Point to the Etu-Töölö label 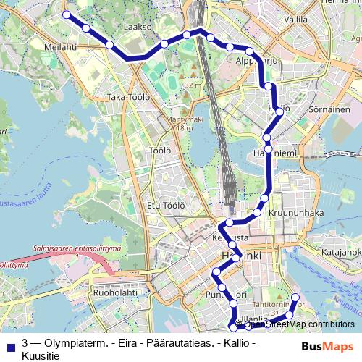pyautogui.click(x=163, y=205)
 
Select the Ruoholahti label pyautogui.click(x=110, y=293)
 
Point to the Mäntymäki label pyautogui.click(x=182, y=119)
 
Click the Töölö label pyautogui.click(x=159, y=151)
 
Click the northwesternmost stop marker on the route pyautogui.click(x=67, y=14)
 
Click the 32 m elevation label pyautogui.click(x=192, y=85)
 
